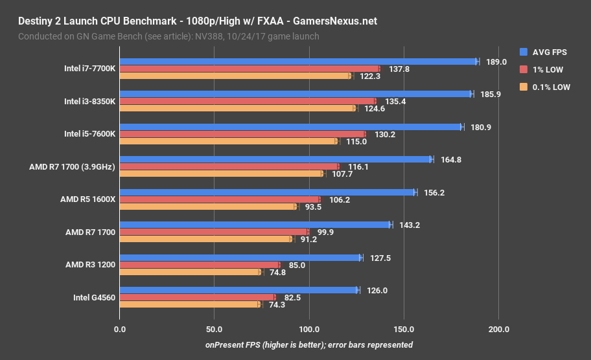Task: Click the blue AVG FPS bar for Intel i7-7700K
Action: [x=298, y=62]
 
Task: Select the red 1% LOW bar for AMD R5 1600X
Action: [x=220, y=199]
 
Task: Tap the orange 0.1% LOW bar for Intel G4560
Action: [x=189, y=304]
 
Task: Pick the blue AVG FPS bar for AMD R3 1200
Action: [x=240, y=258]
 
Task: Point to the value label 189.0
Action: [x=496, y=62]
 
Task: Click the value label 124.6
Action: [x=375, y=109]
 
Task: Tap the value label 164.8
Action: [x=450, y=160]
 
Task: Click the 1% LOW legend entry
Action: [x=542, y=69]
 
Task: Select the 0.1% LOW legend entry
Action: [x=545, y=87]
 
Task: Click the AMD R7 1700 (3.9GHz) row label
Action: [x=72, y=166]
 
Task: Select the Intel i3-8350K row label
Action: [x=89, y=101]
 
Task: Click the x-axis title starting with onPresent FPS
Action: [x=308, y=345]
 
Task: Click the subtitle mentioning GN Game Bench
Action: [x=168, y=36]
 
